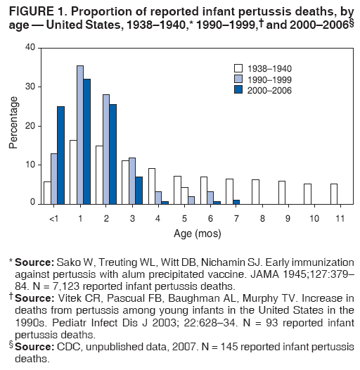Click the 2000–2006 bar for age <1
pyautogui.click(x=60, y=155)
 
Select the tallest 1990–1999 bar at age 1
pyautogui.click(x=79, y=134)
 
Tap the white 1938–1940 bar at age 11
pyautogui.click(x=333, y=193)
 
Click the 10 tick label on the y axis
pyautogui.click(x=30, y=165)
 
